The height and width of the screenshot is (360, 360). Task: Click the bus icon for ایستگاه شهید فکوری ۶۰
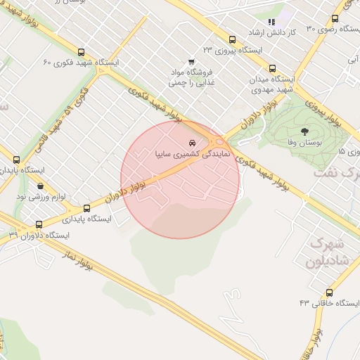tap(82, 52)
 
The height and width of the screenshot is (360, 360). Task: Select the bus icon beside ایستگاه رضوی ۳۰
tap(334, 19)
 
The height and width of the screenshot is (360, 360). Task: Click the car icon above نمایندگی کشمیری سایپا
tap(193, 143)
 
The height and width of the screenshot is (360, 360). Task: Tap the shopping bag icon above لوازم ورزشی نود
tap(39, 186)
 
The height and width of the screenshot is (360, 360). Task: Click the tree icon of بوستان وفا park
tap(304, 131)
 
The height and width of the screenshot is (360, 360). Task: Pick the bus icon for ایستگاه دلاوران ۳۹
tap(38, 225)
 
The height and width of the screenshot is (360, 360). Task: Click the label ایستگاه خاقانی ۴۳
tap(328, 303)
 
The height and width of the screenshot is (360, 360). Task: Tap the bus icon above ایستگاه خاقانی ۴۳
tap(330, 292)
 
